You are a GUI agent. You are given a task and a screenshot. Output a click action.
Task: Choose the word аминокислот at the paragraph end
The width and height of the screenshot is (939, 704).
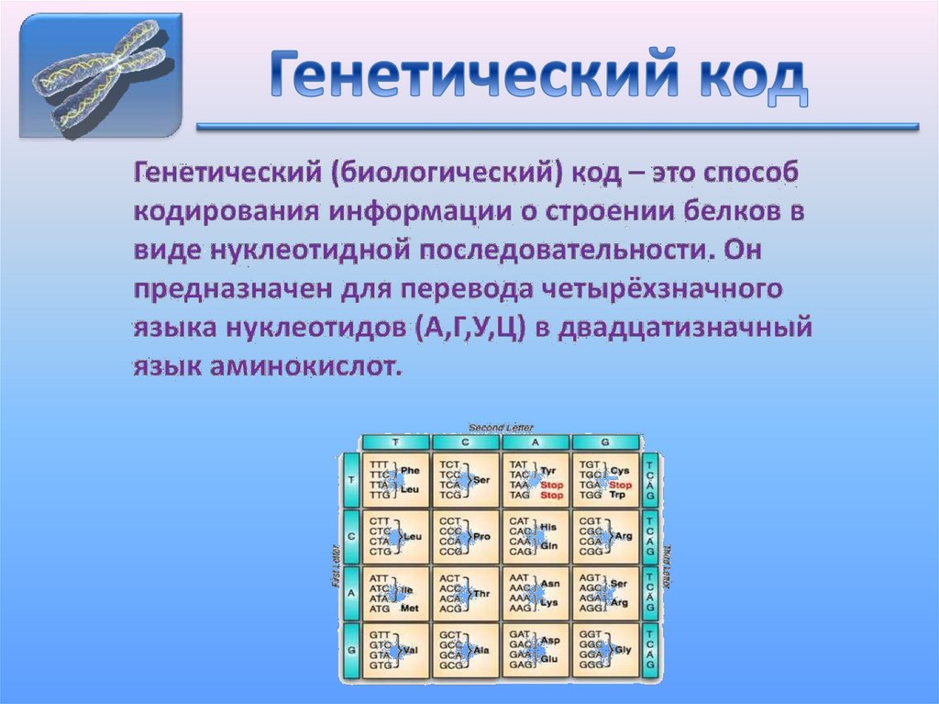(x=309, y=367)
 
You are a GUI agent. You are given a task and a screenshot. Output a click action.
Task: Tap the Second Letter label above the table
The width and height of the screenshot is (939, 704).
(x=501, y=427)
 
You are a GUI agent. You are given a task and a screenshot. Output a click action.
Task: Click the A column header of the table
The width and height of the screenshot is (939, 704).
(x=535, y=441)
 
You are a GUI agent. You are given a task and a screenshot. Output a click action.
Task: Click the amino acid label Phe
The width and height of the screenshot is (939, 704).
(x=410, y=470)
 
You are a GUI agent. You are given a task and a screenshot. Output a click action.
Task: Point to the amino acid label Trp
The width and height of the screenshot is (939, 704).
(x=619, y=495)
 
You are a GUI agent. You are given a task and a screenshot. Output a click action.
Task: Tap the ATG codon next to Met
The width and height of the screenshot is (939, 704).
(x=380, y=609)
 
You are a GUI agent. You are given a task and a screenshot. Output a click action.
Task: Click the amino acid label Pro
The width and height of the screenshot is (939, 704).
(x=481, y=536)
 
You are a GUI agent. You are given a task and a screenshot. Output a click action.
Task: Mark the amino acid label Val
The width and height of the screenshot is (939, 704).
(x=411, y=650)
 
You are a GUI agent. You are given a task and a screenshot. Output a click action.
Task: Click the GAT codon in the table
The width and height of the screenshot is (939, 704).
(x=519, y=634)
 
